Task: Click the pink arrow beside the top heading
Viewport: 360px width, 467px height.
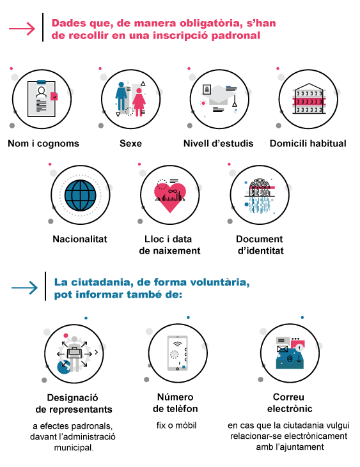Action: click(22, 29)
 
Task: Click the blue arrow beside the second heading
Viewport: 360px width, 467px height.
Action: click(24, 287)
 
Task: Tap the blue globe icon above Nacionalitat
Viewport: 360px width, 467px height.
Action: click(81, 195)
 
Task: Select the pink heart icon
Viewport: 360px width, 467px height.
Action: click(170, 197)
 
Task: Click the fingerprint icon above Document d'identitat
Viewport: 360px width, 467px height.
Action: click(260, 195)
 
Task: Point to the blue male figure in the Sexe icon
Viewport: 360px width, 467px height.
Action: click(121, 96)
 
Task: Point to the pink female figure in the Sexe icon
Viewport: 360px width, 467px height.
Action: click(139, 102)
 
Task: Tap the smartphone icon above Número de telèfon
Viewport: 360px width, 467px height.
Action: click(177, 353)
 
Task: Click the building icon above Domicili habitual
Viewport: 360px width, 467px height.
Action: click(309, 98)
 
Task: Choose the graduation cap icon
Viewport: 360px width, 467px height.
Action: click(219, 95)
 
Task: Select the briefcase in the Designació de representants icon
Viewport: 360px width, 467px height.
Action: click(75, 353)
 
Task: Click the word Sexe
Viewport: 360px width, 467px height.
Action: click(130, 144)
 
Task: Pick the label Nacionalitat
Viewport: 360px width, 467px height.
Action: click(80, 239)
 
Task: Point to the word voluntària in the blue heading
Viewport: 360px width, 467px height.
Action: click(219, 282)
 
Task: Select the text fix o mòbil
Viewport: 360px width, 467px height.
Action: click(176, 425)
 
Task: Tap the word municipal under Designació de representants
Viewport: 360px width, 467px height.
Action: click(74, 447)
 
